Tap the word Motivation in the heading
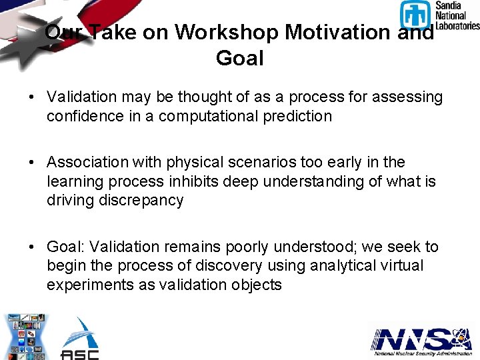[344, 32]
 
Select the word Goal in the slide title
[240, 58]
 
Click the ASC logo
[79, 339]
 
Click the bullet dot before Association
[32, 163]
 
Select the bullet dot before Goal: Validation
[32, 247]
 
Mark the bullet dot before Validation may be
[32, 97]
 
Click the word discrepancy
[115, 200]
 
